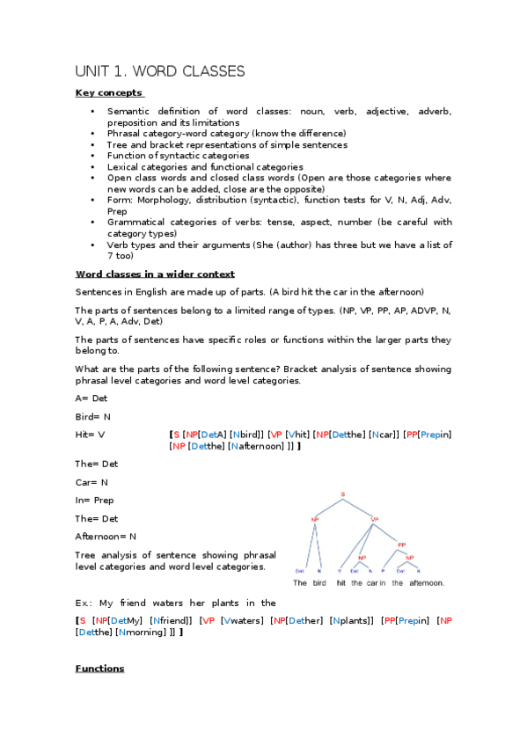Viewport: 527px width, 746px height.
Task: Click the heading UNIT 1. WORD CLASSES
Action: pos(159,71)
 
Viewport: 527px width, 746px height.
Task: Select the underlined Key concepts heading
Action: pos(109,92)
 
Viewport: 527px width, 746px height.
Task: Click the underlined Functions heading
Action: pos(99,669)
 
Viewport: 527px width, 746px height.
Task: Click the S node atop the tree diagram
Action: pos(342,494)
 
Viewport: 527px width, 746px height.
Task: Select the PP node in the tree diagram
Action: pos(401,545)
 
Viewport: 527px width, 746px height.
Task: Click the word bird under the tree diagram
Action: pos(319,583)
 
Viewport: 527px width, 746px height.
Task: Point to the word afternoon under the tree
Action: pos(427,583)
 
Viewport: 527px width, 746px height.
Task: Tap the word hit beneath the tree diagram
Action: pos(342,583)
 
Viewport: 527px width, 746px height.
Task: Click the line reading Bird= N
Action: pos(92,416)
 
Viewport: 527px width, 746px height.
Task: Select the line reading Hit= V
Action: pos(91,435)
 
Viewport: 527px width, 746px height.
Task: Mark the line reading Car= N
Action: pos(91,482)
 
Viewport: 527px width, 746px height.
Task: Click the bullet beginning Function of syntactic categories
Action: pos(178,156)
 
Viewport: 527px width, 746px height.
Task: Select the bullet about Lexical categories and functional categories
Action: pos(205,166)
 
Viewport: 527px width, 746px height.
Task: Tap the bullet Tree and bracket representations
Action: pos(227,144)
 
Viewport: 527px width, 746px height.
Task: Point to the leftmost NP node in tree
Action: pos(314,519)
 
